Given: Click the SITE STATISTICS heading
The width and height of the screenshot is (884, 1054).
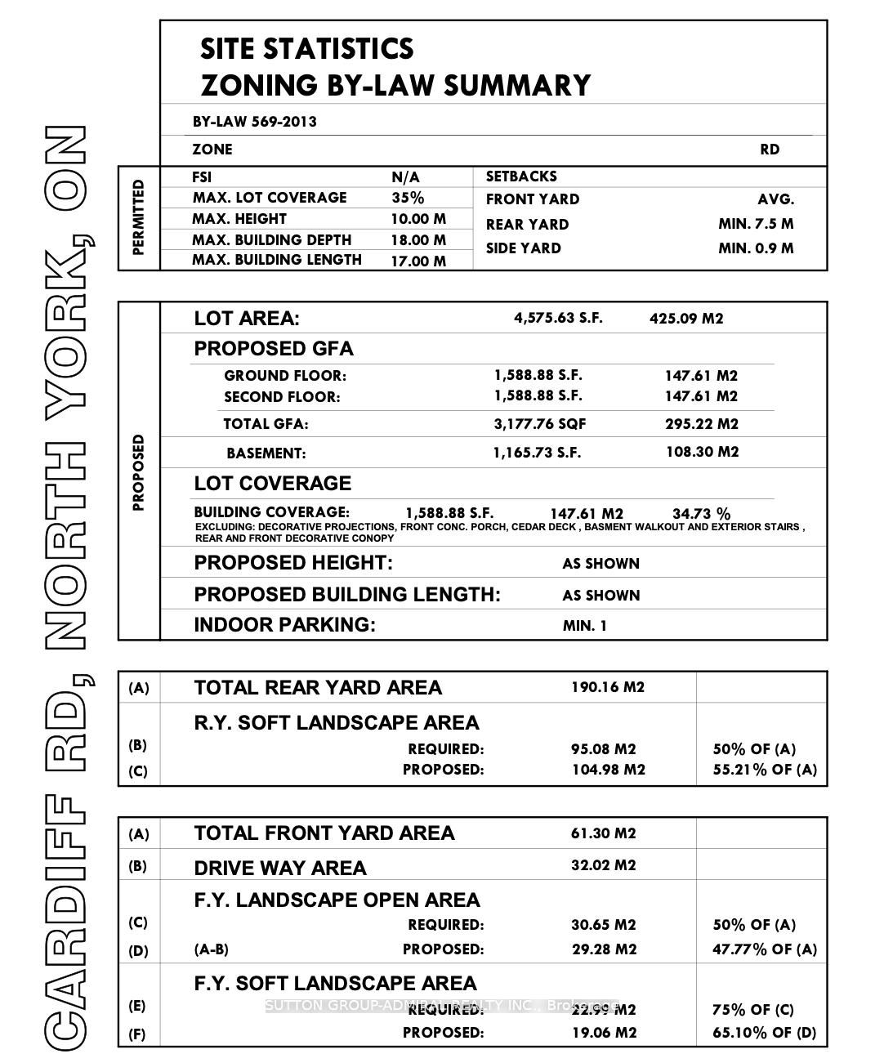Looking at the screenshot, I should coord(306,49).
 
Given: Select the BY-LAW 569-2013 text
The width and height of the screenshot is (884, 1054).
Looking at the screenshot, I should coord(255,122).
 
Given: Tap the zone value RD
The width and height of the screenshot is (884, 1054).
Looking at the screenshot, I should coord(770,150).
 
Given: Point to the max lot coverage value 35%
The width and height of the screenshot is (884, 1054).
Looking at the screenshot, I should coord(408,198).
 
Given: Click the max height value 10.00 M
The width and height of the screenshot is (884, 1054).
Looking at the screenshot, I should coord(418,219).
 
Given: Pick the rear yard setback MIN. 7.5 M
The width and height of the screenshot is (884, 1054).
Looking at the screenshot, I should coord(756,224).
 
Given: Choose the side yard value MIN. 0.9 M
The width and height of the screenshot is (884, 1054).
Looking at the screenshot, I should coord(756,248).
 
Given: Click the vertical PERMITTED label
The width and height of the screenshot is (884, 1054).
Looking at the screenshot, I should coord(138,217).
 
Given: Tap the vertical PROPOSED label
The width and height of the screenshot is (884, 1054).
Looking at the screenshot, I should coord(138,472).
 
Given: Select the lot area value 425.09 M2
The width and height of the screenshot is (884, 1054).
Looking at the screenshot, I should coord(686,319).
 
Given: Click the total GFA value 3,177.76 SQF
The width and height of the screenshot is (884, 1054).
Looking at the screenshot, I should coord(540,424).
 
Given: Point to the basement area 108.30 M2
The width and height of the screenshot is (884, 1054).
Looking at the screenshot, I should coord(702,452).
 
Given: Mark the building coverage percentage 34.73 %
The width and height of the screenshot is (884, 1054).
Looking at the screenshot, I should coord(701,514).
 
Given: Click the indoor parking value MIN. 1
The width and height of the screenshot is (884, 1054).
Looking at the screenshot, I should coord(585,626).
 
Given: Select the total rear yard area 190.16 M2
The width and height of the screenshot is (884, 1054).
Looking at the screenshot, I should coord(607,687).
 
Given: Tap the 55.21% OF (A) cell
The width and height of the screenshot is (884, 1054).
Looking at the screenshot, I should coord(764,770).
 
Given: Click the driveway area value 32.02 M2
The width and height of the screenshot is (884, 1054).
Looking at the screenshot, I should coord(603,865).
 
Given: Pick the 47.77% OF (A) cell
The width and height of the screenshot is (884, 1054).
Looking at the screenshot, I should coord(764,949).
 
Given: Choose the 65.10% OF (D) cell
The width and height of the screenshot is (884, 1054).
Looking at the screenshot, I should coord(764,1033).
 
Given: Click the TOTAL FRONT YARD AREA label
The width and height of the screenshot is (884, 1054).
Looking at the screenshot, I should coord(324,833).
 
